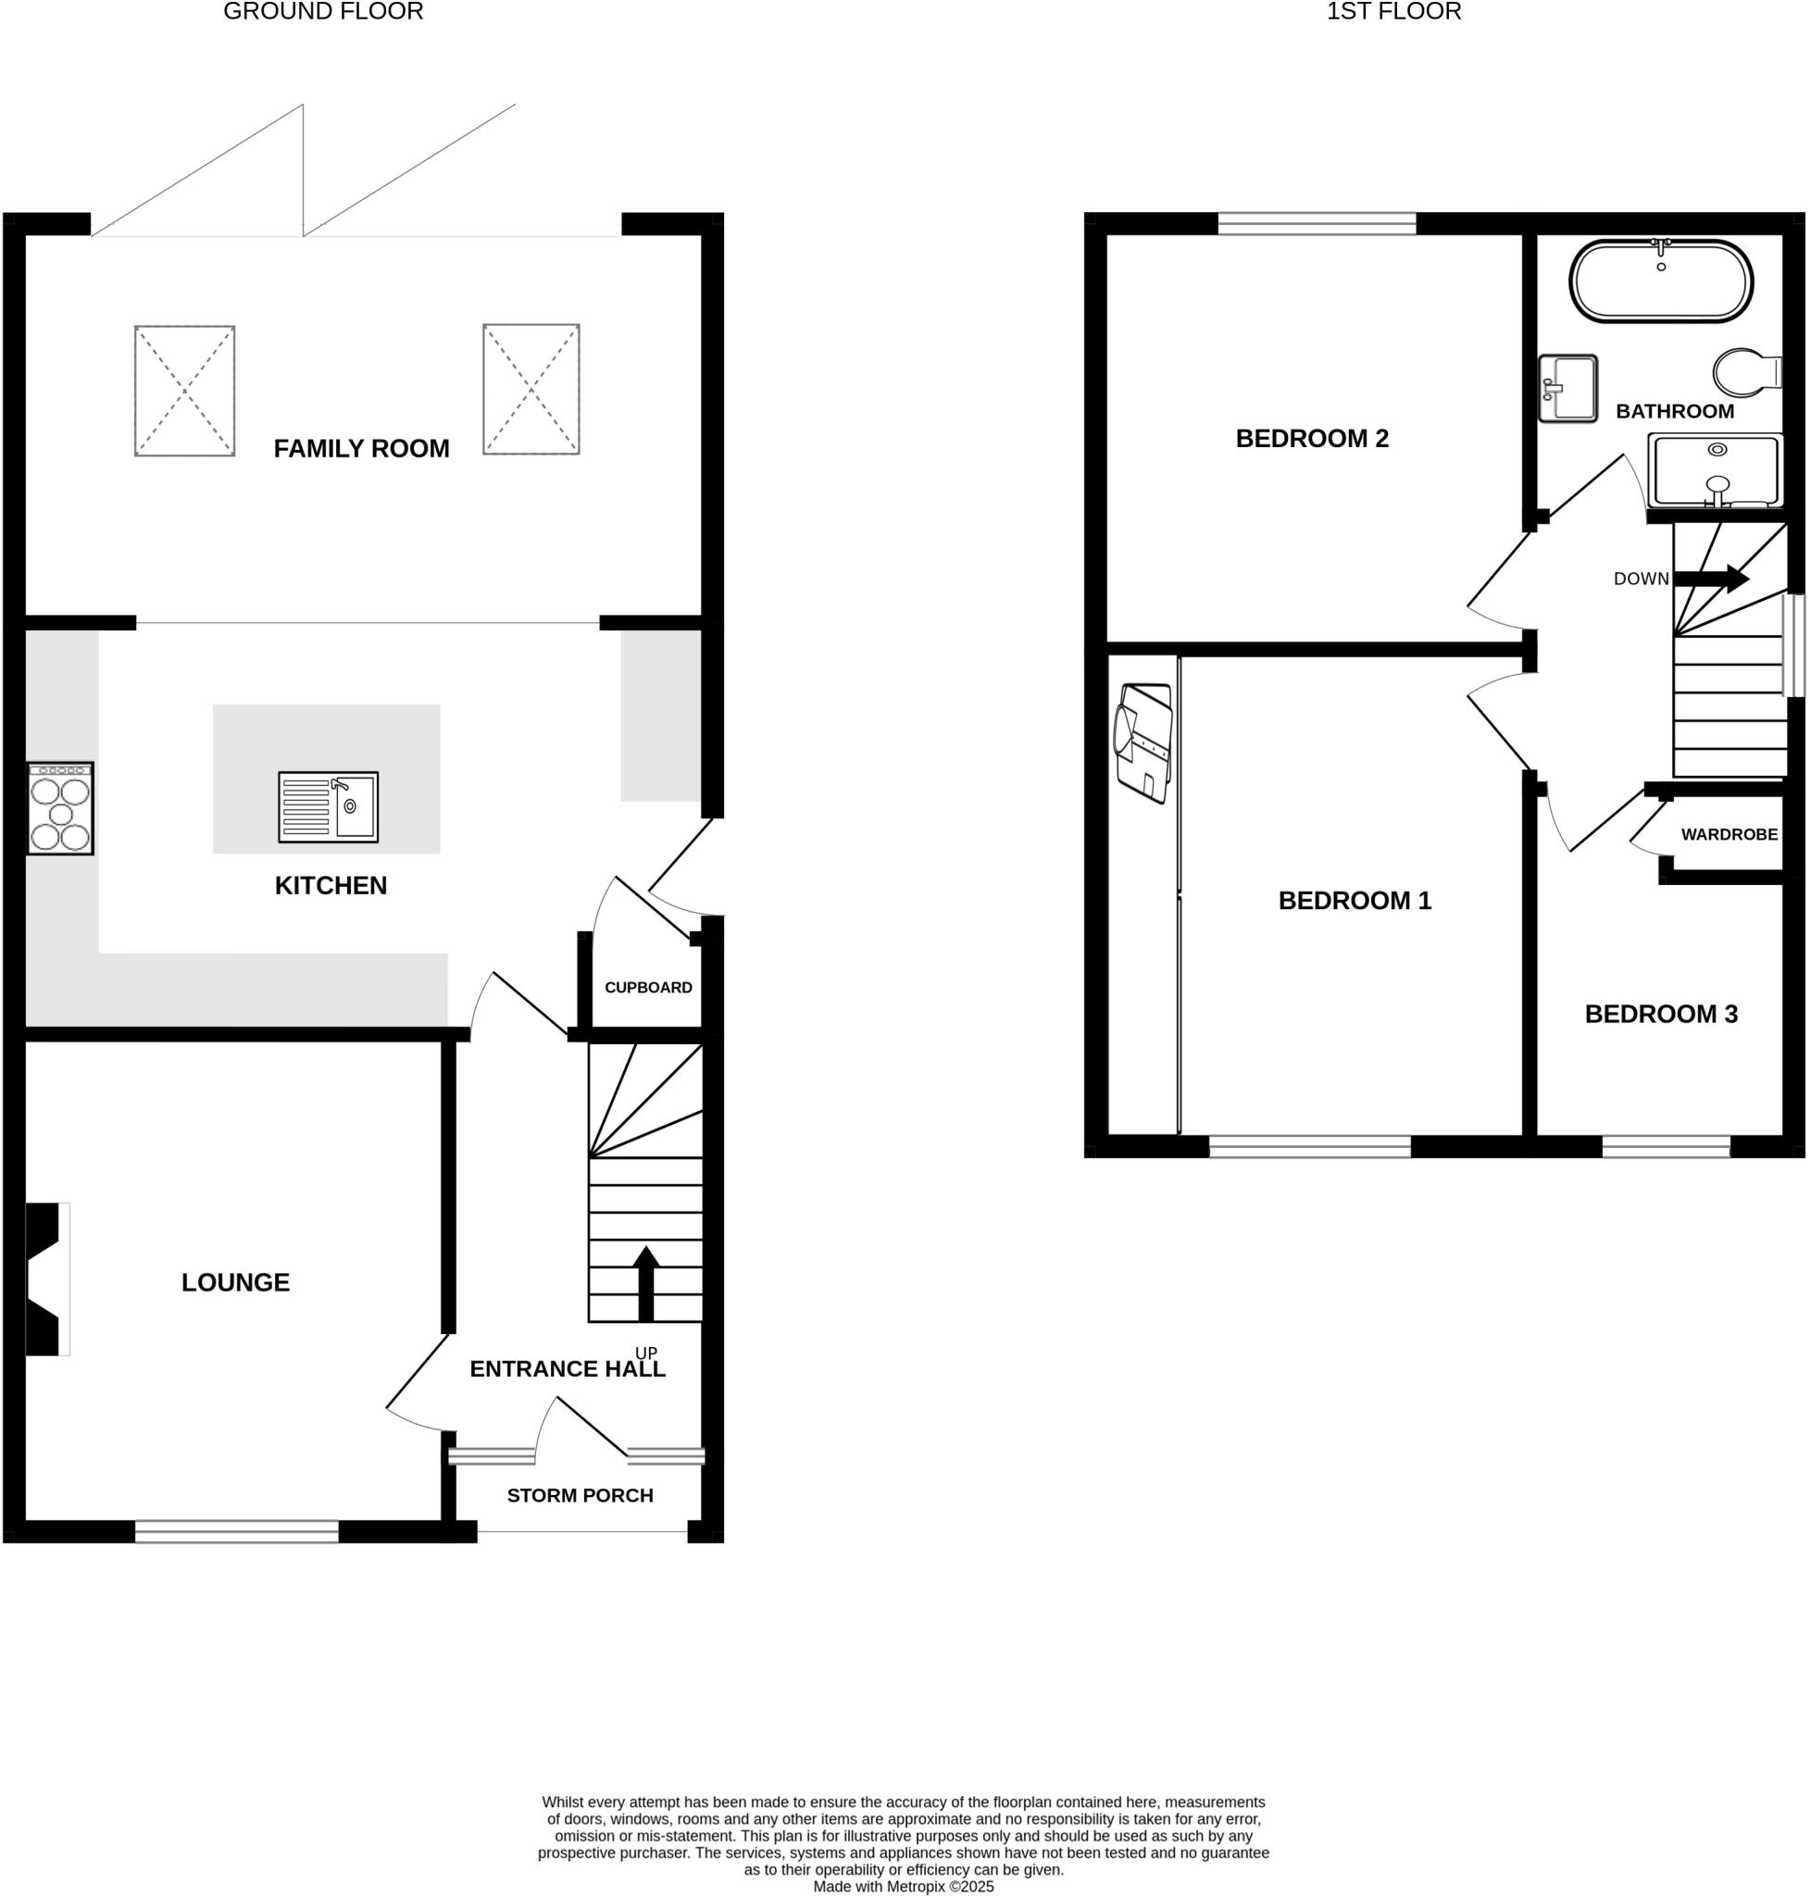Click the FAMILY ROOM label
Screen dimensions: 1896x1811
point(361,448)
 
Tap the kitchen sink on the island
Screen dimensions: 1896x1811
point(328,807)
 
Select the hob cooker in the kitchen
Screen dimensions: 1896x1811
point(60,808)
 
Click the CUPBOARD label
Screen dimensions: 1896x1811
point(648,987)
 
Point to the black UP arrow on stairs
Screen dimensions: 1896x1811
point(646,1283)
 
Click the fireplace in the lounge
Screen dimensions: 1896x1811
point(45,1279)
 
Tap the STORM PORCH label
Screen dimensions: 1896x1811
point(580,1495)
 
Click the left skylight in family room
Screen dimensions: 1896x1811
point(184,390)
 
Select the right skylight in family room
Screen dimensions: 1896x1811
point(531,389)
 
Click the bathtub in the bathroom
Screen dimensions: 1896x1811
point(1660,281)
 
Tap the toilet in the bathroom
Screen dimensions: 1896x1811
point(1746,373)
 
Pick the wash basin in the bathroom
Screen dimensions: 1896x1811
point(1567,388)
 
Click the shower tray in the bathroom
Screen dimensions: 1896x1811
point(1715,470)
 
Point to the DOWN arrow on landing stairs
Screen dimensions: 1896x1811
point(1711,579)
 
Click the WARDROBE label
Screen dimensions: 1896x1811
point(1729,834)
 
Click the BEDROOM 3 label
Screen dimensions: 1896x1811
point(1660,1014)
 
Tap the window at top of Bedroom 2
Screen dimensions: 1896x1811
point(1317,224)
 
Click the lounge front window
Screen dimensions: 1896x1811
point(236,1531)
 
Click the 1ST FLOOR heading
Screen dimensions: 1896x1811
point(1393,12)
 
